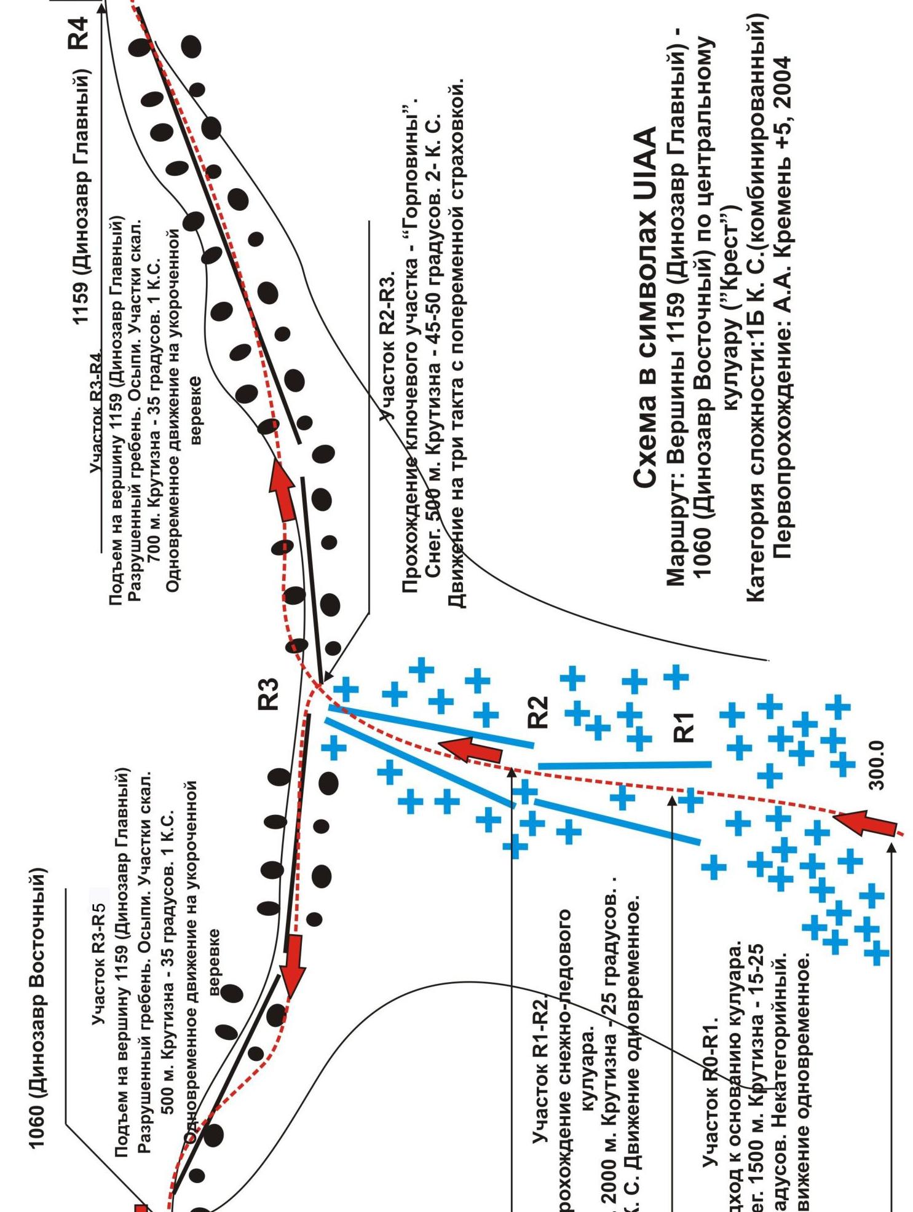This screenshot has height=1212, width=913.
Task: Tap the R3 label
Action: [269, 694]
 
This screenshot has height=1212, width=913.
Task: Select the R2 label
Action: [538, 712]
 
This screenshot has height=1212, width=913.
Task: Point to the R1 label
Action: [684, 726]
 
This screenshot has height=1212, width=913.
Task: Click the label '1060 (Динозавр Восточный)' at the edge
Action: [37, 1008]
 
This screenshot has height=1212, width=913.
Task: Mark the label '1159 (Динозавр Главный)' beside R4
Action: [81, 197]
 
